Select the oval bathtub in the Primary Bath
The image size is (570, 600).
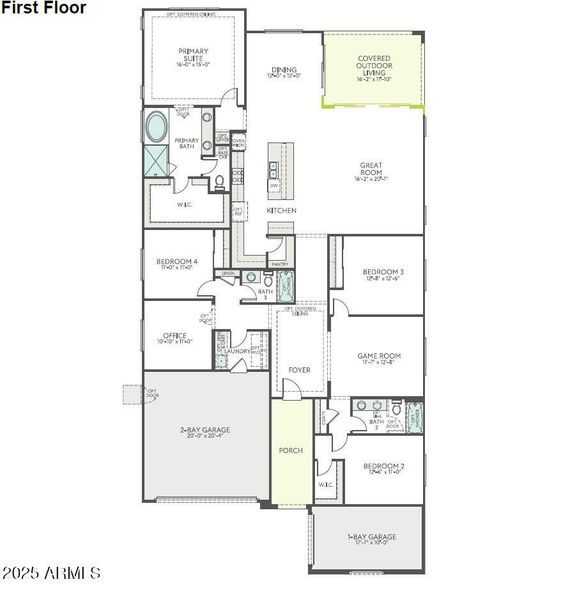(x=158, y=128)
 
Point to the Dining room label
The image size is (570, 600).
(x=283, y=71)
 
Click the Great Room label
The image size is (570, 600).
(x=373, y=171)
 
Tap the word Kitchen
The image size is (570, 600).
(x=281, y=211)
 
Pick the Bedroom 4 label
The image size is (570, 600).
(x=177, y=263)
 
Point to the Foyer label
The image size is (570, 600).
(x=299, y=370)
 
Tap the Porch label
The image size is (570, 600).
(x=290, y=450)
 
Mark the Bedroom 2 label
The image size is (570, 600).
(x=383, y=468)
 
